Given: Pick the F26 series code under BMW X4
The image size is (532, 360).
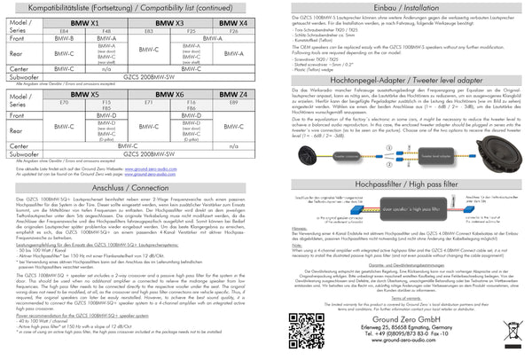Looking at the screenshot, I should coord(234,30).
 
